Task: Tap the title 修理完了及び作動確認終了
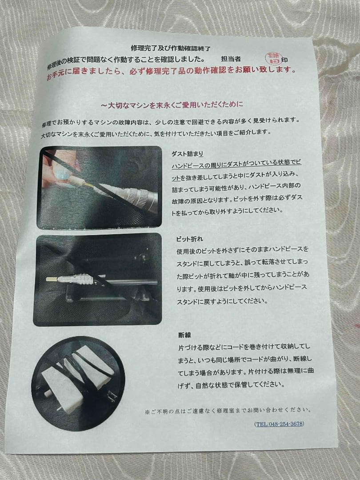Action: point(171,48)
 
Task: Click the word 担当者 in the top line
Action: point(231,59)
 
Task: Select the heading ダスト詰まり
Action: point(187,154)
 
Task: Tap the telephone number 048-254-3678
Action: point(280,424)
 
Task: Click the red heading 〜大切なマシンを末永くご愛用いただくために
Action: point(172,105)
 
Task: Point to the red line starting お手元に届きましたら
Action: point(171,71)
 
